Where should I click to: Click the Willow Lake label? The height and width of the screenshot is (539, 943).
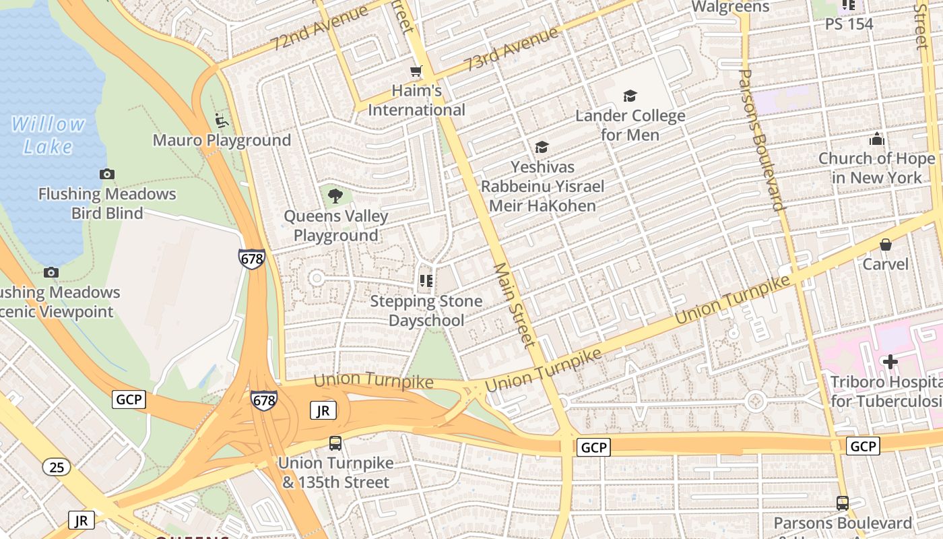(x=48, y=135)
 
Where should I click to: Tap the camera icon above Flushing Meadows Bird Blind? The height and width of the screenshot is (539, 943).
(x=106, y=175)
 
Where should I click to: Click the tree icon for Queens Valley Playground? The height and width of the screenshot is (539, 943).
(x=335, y=196)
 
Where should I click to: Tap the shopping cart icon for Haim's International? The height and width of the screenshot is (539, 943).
(x=416, y=71)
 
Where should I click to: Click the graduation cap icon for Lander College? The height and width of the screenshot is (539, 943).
(x=630, y=96)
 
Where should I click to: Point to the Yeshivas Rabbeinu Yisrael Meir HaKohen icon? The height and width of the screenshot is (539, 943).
(x=542, y=147)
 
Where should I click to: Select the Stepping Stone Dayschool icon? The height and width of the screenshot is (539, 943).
(x=426, y=280)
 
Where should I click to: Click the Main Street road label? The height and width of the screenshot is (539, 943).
(x=515, y=305)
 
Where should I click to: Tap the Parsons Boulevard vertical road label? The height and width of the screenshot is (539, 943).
(x=762, y=139)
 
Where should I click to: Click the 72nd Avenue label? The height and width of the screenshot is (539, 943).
(x=320, y=28)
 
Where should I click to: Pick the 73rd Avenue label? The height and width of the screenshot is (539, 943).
(x=511, y=49)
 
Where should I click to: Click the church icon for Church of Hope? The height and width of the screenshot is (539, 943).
(x=876, y=139)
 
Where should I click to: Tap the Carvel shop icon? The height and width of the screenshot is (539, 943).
(x=886, y=245)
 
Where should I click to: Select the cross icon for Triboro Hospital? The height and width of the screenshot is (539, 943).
(x=890, y=362)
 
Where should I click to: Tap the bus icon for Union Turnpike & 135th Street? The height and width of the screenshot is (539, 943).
(x=335, y=443)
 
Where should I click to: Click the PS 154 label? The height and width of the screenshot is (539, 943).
(x=849, y=24)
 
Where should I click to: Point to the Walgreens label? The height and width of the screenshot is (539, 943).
(x=731, y=7)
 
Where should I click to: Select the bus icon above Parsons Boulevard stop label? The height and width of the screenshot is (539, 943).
(x=842, y=503)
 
